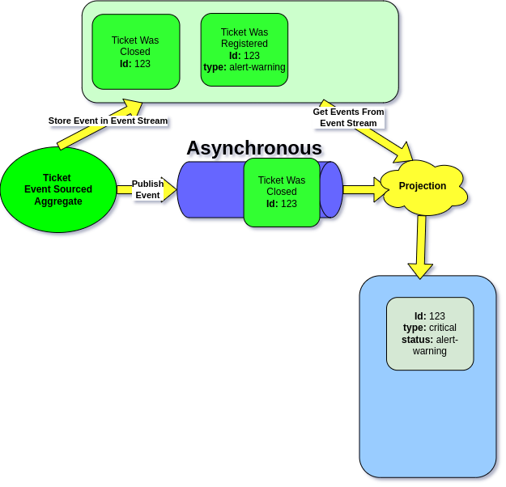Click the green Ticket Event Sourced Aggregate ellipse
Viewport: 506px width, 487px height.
tap(57, 190)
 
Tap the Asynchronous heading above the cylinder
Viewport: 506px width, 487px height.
tap(255, 149)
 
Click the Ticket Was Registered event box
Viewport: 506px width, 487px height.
tap(244, 49)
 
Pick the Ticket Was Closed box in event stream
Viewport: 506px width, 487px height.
tap(135, 51)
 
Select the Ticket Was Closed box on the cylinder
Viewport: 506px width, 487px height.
tap(281, 192)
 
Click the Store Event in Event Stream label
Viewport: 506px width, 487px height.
tap(108, 121)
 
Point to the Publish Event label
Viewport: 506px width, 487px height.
tap(147, 189)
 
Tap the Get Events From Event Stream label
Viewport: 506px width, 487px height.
tap(348, 117)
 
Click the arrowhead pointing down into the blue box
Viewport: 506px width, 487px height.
tap(419, 269)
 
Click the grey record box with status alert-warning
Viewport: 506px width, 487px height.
tap(429, 333)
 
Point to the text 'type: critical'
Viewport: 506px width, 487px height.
tap(429, 328)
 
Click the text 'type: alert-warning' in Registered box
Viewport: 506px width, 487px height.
tap(244, 67)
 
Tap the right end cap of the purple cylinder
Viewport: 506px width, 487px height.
tap(331, 190)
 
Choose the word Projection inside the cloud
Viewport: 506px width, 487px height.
tap(423, 186)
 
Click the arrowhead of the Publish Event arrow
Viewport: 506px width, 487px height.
tap(169, 189)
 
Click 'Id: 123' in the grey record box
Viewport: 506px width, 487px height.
tap(429, 316)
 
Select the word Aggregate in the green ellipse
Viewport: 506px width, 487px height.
tap(57, 201)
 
